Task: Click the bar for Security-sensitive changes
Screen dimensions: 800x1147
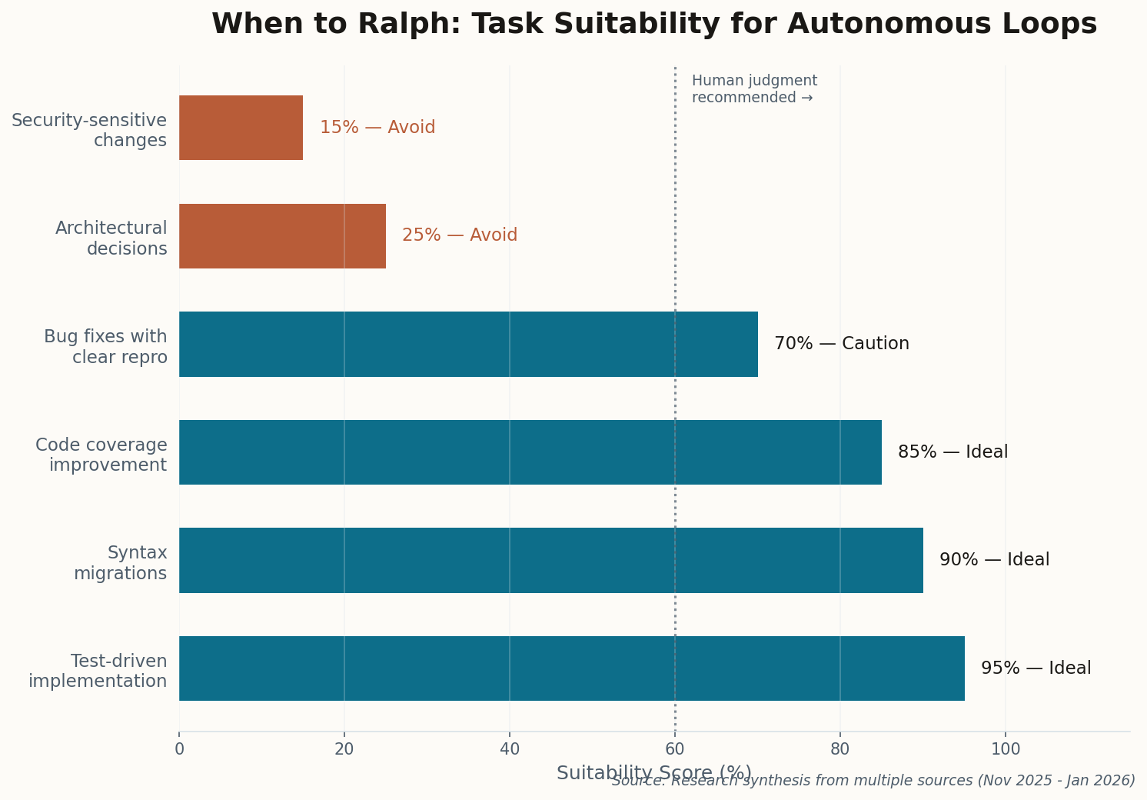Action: click(x=241, y=128)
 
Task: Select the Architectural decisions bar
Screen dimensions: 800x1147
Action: click(x=282, y=236)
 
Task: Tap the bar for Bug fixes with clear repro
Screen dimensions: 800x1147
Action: click(x=468, y=344)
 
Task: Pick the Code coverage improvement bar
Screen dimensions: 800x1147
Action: click(x=530, y=452)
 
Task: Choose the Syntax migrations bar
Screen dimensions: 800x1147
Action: click(x=550, y=560)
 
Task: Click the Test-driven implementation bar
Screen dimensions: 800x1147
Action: click(x=571, y=668)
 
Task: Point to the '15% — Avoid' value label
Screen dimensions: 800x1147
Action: click(x=377, y=128)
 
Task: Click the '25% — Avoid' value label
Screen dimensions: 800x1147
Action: click(x=460, y=235)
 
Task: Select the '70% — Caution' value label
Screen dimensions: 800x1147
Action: click(x=841, y=344)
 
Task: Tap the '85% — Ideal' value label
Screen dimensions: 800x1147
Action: click(x=953, y=452)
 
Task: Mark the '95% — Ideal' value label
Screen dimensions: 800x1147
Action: click(x=1036, y=668)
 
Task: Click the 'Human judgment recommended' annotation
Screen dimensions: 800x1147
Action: click(x=753, y=89)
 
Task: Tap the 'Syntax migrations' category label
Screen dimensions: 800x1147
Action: click(x=121, y=563)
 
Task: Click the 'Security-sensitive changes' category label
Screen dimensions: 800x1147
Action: click(x=90, y=130)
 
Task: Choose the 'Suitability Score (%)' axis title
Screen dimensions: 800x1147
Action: click(x=653, y=772)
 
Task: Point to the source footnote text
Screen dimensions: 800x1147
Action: click(x=873, y=781)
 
